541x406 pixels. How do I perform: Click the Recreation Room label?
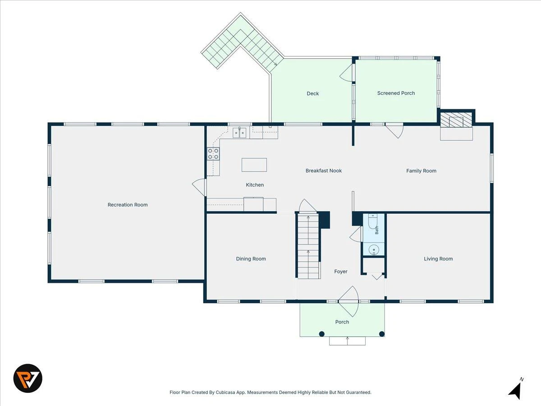click(x=128, y=205)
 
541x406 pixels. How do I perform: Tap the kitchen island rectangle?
click(x=254, y=165)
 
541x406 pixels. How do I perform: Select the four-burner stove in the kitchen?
click(x=213, y=153)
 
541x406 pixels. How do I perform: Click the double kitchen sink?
click(x=239, y=133)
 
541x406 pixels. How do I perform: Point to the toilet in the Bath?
click(x=372, y=221)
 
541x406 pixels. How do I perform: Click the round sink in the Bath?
click(x=374, y=250)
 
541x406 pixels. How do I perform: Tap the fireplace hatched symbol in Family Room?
click(x=456, y=120)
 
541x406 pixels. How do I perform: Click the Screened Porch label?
click(x=396, y=93)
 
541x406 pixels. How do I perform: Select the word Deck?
click(x=312, y=93)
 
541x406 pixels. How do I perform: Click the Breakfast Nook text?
click(x=324, y=171)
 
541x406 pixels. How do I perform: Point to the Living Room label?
click(x=438, y=258)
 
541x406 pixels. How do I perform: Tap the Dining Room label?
click(x=251, y=258)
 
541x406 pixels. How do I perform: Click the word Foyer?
click(x=341, y=272)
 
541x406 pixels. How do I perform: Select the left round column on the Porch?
click(x=321, y=334)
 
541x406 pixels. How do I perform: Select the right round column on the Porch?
click(x=382, y=334)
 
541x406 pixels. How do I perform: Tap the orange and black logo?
click(x=28, y=378)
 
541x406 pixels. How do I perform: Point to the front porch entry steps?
click(x=347, y=341)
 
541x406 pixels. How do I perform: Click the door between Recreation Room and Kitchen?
click(x=199, y=187)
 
